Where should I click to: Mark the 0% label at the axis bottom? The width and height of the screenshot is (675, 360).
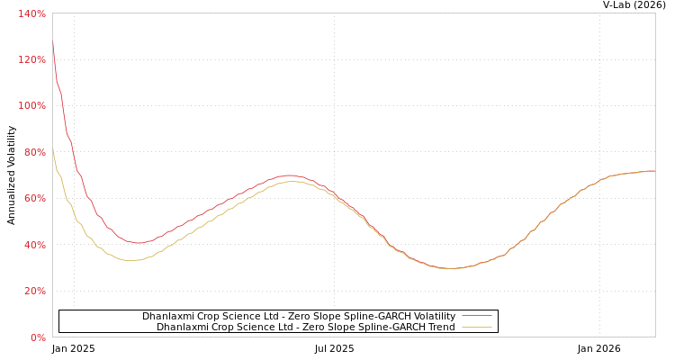point(38,337)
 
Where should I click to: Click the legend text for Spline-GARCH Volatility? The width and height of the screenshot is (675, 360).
point(299,317)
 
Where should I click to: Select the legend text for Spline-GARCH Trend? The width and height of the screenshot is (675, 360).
point(306,328)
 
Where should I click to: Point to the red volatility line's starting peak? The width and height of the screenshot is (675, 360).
point(52,41)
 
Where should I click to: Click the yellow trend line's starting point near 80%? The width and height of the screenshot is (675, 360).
point(52,149)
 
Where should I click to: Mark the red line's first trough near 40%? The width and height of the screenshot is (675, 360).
point(138,243)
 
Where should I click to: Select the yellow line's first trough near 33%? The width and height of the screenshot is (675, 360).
point(132,260)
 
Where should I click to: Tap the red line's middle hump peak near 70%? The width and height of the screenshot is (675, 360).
point(288,175)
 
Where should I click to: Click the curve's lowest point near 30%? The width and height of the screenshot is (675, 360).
point(450,268)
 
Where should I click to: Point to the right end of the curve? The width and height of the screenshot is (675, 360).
point(654,171)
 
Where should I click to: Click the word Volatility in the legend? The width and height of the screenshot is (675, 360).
point(432,317)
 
